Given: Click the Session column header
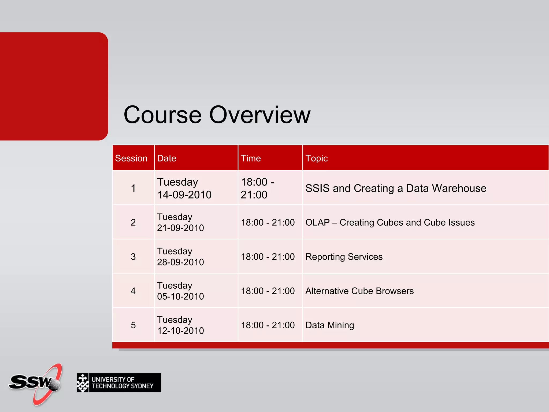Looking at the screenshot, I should pyautogui.click(x=131, y=158).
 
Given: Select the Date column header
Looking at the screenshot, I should pyautogui.click(x=167, y=158).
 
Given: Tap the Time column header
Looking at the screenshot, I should pyautogui.click(x=251, y=158).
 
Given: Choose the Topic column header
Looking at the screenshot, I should pyautogui.click(x=317, y=158).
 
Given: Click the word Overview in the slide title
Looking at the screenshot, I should pyautogui.click(x=259, y=115).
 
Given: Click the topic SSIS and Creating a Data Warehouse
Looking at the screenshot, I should pyautogui.click(x=396, y=188).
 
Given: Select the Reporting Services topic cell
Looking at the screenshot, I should pyautogui.click(x=344, y=257).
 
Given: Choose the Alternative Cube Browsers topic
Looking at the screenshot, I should pyautogui.click(x=359, y=291).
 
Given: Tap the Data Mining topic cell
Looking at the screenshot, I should pyautogui.click(x=330, y=325).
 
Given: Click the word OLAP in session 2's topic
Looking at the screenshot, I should pyautogui.click(x=317, y=223).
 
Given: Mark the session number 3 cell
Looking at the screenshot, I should pyautogui.click(x=133, y=257).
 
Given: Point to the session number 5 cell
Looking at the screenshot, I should pyautogui.click(x=133, y=325).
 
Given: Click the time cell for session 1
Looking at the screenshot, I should pyautogui.click(x=257, y=188).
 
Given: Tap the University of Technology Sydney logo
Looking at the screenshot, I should pyautogui.click(x=119, y=383).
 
